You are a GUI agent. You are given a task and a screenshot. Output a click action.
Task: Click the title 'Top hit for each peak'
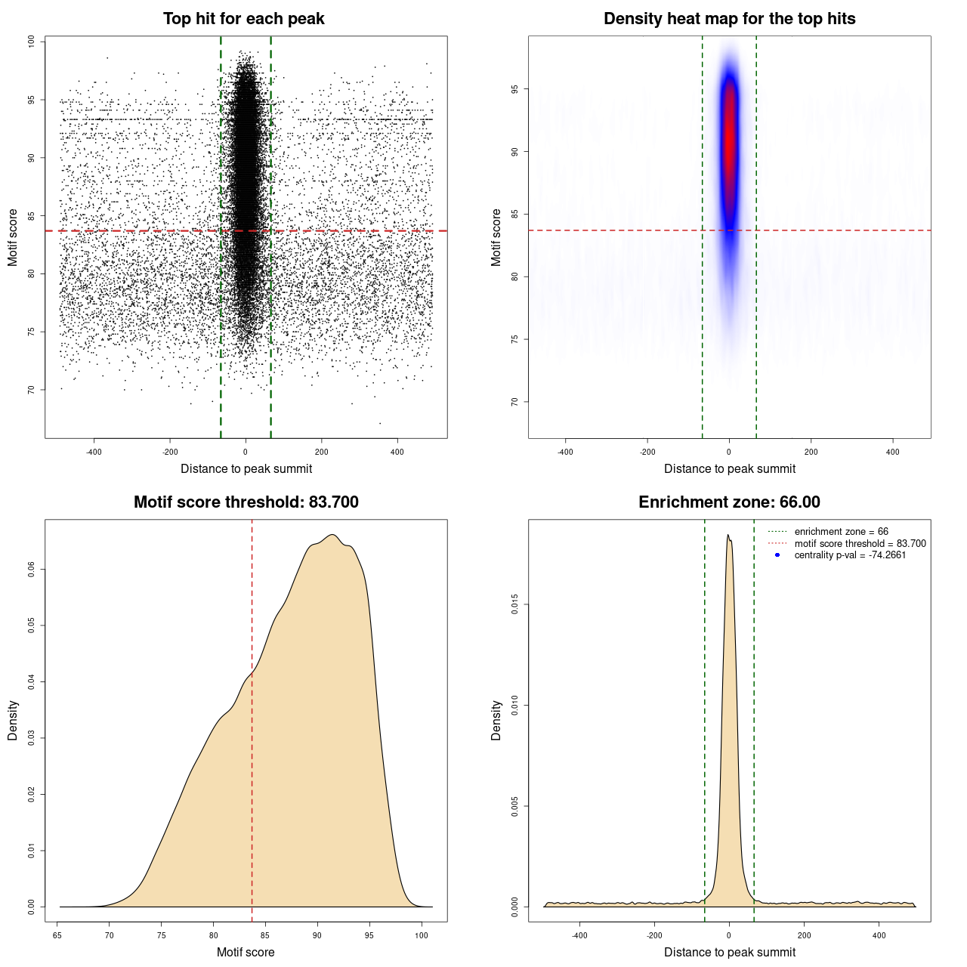244,19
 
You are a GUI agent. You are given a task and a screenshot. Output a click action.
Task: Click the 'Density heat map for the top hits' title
729,19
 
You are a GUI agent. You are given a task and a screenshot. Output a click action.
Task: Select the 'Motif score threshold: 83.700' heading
246,502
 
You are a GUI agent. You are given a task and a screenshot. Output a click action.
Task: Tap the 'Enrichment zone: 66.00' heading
729,502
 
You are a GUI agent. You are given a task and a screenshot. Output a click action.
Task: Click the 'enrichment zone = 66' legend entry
841,532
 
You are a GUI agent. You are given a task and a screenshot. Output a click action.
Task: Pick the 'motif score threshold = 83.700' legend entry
860,543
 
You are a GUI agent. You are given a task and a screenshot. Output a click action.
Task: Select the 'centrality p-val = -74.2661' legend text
850,555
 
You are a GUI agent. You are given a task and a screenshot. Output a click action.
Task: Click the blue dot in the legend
777,555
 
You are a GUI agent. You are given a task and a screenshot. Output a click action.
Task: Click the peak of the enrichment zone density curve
728,536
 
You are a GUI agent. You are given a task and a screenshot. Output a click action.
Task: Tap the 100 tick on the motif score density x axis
422,935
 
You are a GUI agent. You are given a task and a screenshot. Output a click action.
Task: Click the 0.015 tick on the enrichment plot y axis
514,604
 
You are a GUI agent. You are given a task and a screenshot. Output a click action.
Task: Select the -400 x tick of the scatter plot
94,452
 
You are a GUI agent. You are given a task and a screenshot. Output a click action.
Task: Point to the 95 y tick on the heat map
514,89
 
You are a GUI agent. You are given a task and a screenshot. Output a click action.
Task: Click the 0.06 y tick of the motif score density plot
31,570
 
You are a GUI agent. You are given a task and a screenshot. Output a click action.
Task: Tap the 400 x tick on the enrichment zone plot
879,935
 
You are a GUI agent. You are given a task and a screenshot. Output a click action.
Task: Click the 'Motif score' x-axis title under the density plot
246,952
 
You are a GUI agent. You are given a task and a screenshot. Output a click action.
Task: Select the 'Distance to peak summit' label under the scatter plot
246,468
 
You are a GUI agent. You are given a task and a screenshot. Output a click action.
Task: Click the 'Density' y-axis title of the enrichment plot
496,720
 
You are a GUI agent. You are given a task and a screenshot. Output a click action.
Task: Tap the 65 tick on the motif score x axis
57,935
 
